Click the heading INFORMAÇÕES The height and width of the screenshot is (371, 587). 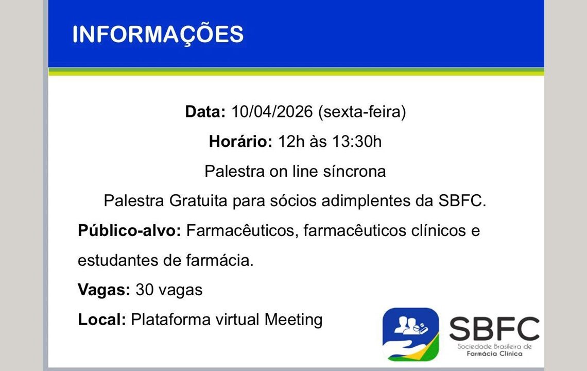tap(158, 34)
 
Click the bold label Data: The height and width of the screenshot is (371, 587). tap(205, 112)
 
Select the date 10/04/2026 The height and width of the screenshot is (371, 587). tap(272, 112)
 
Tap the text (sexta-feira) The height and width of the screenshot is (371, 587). tap(362, 112)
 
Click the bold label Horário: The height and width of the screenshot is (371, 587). tap(240, 141)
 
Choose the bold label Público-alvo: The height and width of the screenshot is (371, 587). tap(129, 230)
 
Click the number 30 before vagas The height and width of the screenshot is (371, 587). tap(144, 290)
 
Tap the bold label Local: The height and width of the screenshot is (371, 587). tap(102, 320)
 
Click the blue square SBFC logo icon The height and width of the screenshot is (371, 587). tap(410, 334)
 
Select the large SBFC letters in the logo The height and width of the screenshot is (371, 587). tap(494, 329)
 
